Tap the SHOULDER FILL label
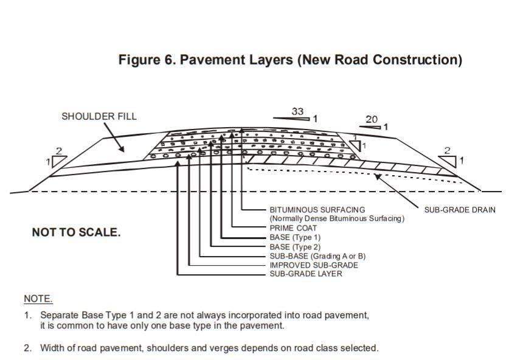coord(99,116)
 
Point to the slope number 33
coord(297,111)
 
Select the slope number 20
coord(372,120)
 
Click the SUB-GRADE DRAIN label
coord(460,210)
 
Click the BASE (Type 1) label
coord(295,237)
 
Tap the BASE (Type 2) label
coord(295,247)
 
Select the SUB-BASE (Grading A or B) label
coord(317,256)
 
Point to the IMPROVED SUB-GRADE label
coord(314,265)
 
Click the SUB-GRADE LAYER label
coord(306,274)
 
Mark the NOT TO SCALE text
coord(76,233)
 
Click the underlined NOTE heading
coord(38,299)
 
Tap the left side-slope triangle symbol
coord(59,161)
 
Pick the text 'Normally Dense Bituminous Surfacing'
coord(337,218)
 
